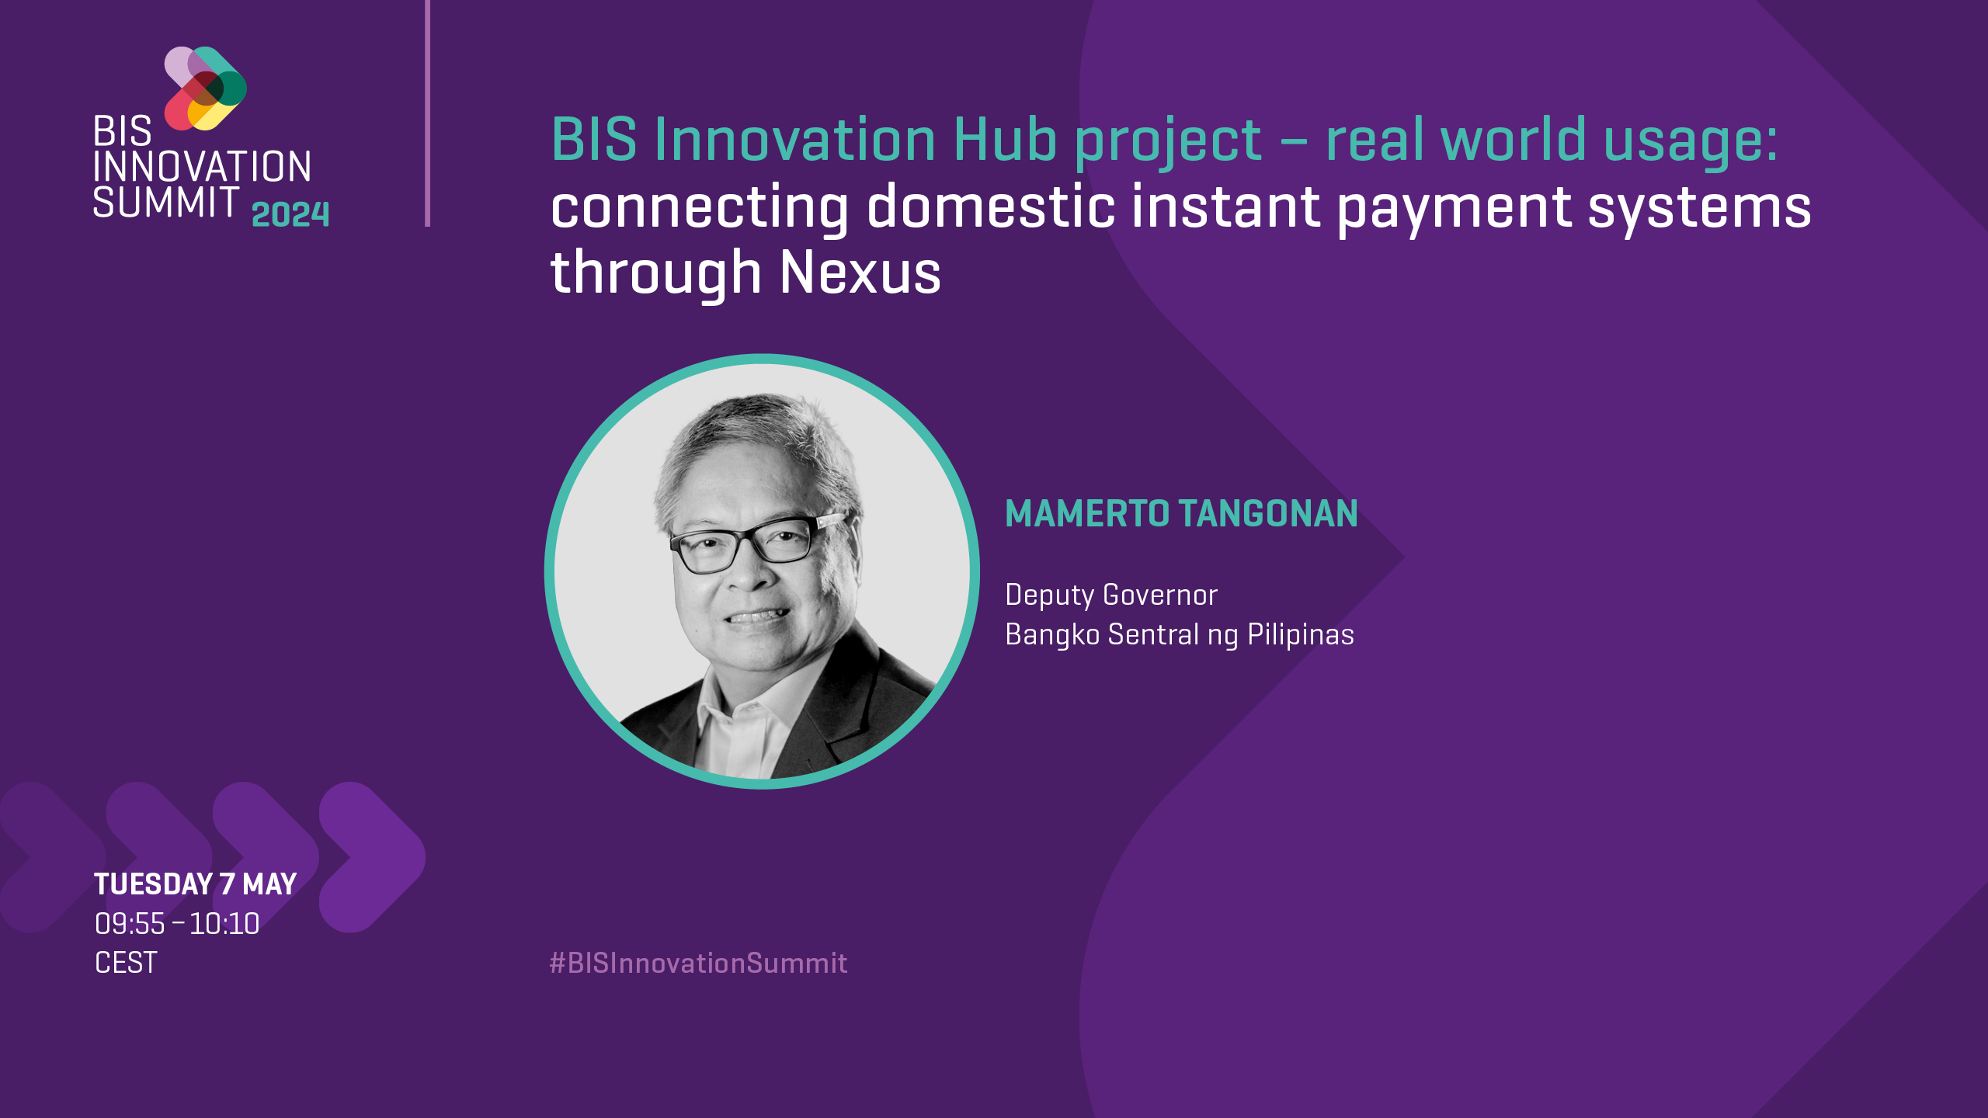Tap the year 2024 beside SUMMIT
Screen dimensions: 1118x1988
290,214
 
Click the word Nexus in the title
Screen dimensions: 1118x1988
860,273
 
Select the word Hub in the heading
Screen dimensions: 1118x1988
1005,141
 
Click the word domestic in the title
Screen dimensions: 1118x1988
990,207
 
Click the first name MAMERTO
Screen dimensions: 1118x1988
1087,514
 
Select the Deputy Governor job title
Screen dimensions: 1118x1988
1110,595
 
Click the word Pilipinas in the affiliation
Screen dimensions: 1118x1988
1301,635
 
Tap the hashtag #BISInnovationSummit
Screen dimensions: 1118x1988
698,963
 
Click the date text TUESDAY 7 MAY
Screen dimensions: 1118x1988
195,884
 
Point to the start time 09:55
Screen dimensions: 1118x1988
130,924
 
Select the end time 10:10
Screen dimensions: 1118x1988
224,924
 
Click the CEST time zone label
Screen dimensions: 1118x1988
126,963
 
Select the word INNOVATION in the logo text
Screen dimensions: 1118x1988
202,167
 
